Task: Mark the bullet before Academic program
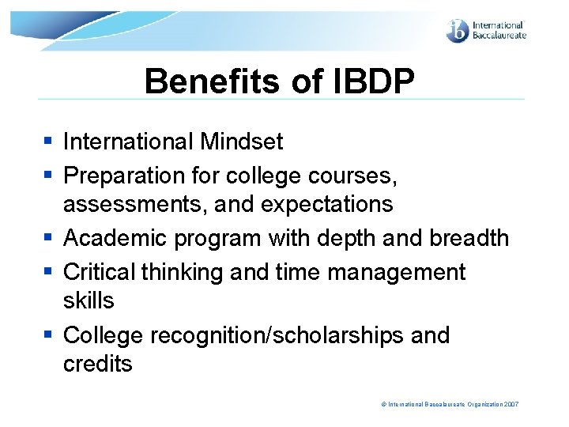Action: tap(48, 238)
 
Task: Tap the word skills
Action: tap(89, 300)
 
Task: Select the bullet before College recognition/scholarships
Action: tap(48, 335)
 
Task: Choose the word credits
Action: tap(98, 364)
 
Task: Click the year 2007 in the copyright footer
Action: tap(511, 404)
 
